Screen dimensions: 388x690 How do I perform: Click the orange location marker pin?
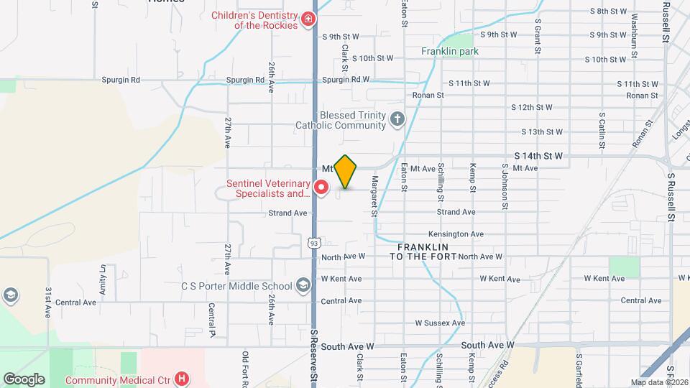pyautogui.click(x=346, y=172)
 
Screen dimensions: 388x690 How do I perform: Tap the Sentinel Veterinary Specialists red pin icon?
pyautogui.click(x=321, y=188)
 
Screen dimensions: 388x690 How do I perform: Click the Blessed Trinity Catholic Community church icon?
pyautogui.click(x=397, y=119)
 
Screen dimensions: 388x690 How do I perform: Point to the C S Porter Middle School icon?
pyautogui.click(x=303, y=286)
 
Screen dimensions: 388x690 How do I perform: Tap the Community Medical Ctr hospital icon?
pyautogui.click(x=183, y=378)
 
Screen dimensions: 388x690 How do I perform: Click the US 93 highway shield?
pyautogui.click(x=314, y=244)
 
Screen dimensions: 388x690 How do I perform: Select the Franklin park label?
pyautogui.click(x=450, y=52)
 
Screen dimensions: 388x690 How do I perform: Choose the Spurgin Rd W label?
pyautogui.click(x=346, y=80)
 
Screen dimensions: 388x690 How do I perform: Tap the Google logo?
pyautogui.click(x=24, y=379)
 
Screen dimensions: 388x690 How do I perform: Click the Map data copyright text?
pyautogui.click(x=659, y=382)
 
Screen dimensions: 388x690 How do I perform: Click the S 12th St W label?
pyautogui.click(x=532, y=107)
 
